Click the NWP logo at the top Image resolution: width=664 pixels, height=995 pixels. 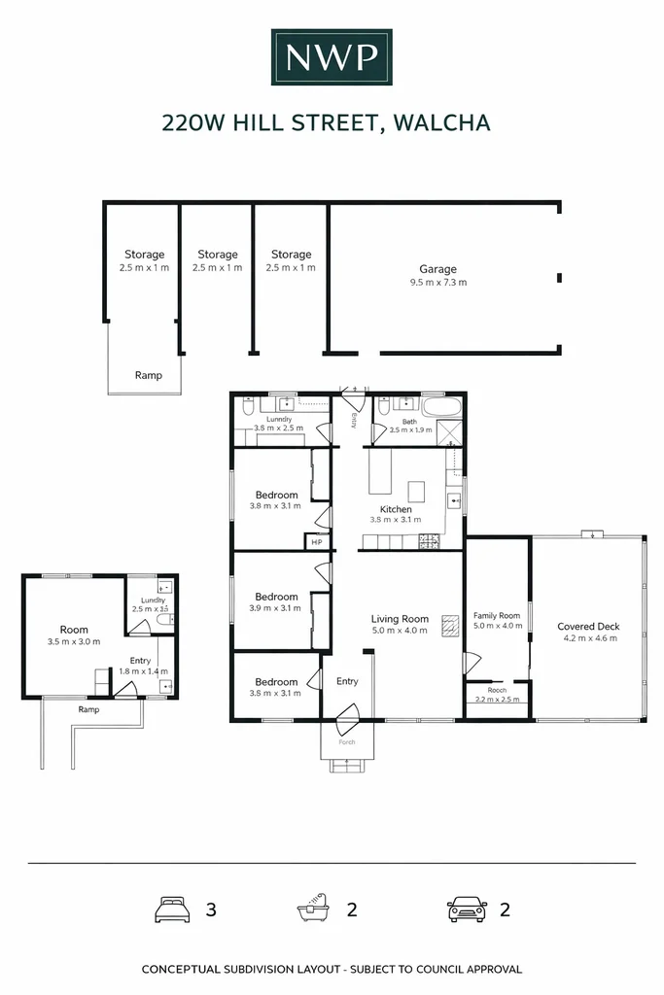332,58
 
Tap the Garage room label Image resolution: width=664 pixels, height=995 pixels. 437,269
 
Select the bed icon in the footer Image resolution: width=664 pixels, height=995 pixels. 171,910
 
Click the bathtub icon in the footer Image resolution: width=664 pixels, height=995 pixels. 314,910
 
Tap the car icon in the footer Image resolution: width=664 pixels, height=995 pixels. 467,910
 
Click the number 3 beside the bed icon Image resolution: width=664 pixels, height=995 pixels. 211,910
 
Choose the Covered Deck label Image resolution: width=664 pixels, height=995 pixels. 588,627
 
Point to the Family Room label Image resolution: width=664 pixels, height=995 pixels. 497,615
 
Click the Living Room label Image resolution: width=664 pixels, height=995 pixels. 400,618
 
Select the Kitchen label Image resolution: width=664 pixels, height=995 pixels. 396,509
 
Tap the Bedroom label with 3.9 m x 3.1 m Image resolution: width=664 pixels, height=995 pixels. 276,597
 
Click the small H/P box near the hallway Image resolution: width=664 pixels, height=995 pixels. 316,542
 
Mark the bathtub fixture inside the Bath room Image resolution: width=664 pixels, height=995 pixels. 445,405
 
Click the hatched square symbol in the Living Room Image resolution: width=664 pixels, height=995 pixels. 449,625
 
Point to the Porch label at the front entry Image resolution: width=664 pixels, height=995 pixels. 347,742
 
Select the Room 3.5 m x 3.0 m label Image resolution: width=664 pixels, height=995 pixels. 74,630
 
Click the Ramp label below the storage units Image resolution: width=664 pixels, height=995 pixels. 148,375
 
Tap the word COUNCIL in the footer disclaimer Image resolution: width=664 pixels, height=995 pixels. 427,969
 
